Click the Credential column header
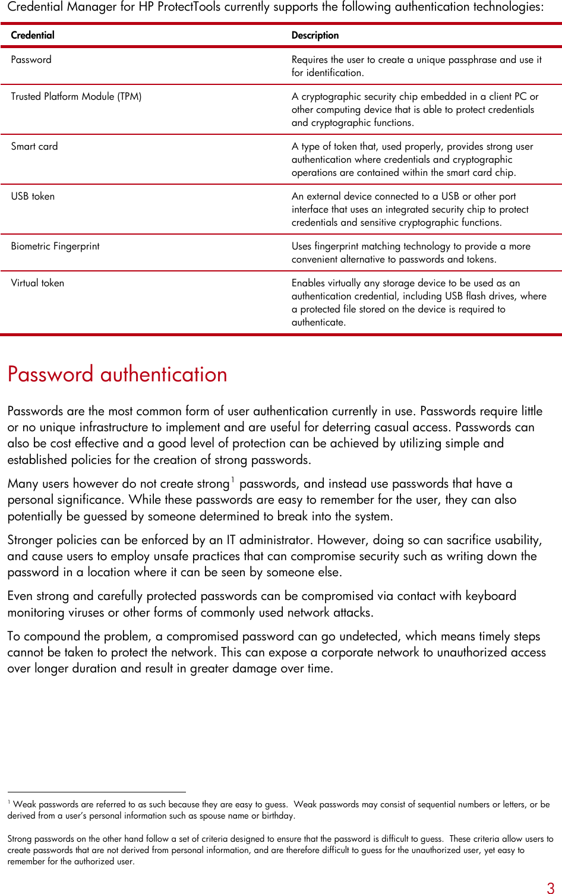point(33,36)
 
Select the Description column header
point(315,36)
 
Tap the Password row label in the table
point(31,60)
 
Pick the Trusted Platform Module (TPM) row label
point(76,97)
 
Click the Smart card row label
point(34,147)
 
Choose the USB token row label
point(33,197)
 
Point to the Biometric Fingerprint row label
point(55,247)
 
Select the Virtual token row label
point(37,283)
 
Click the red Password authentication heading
point(118,374)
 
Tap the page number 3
point(550,888)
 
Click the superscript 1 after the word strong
point(233,479)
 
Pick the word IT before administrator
point(231,540)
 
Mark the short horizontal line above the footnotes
point(96,792)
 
